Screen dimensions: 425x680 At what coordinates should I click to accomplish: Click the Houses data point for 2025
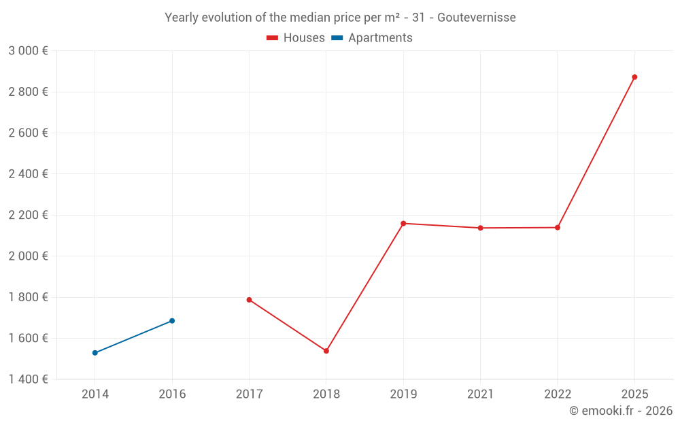coord(634,77)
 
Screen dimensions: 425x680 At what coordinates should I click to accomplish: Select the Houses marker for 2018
coord(326,351)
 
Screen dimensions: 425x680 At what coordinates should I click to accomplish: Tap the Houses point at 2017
coord(249,300)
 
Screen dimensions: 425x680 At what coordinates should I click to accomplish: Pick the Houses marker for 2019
coord(403,223)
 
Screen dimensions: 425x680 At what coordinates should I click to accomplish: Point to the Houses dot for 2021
coord(480,228)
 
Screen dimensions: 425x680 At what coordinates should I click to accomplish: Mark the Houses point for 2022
coord(558,227)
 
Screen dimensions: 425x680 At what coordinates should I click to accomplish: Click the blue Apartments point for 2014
coord(95,353)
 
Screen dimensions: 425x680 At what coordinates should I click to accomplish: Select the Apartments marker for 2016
coord(172,321)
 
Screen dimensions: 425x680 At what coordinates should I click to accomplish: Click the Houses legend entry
coord(296,38)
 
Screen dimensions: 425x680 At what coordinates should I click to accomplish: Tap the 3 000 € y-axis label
coord(28,51)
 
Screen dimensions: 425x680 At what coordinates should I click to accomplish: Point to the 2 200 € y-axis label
coord(28,215)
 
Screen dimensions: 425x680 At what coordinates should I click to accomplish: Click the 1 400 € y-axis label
coord(28,379)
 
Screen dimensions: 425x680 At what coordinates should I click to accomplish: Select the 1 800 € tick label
coord(28,297)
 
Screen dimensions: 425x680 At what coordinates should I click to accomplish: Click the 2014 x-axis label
coord(95,394)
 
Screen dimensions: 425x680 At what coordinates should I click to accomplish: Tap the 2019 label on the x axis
coord(403,394)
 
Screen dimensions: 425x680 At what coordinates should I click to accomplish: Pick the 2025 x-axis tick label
coord(634,394)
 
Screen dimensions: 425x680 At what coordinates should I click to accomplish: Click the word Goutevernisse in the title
coord(477,17)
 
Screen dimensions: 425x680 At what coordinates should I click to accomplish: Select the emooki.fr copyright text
coord(621,411)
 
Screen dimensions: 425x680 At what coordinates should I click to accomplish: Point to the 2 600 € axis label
coord(28,133)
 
